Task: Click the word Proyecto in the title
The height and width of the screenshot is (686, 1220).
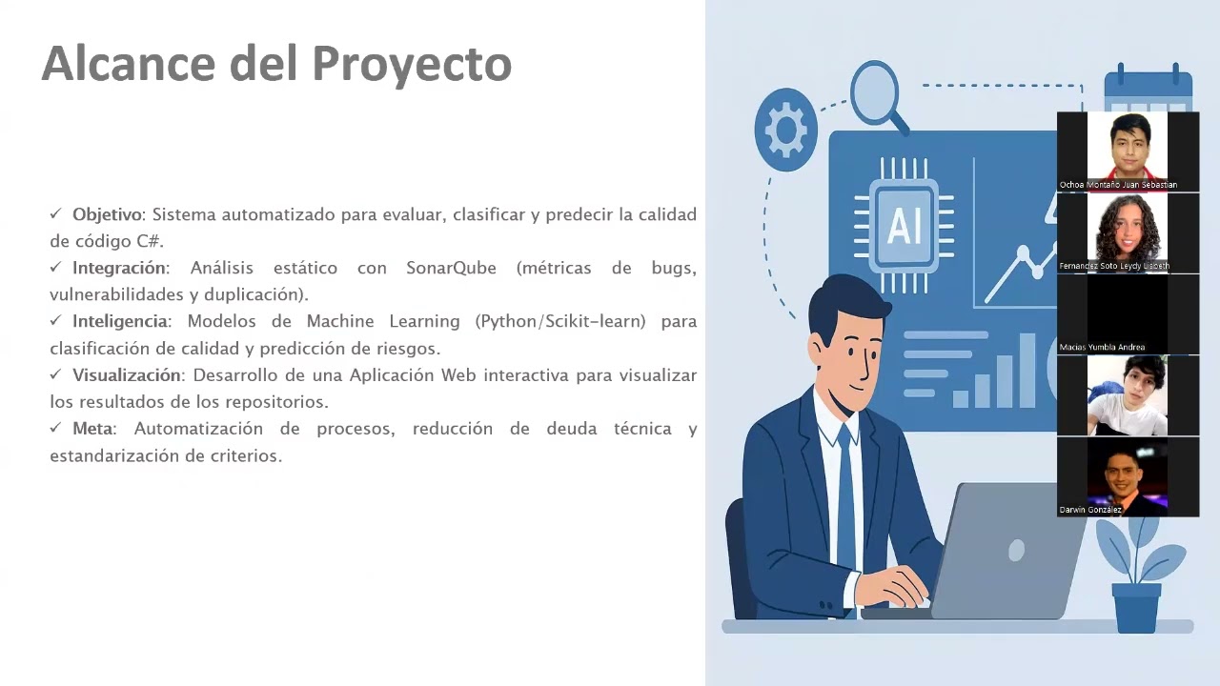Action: coord(412,65)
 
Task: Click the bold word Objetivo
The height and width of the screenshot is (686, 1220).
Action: coord(107,214)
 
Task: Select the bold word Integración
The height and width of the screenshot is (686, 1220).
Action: coord(119,268)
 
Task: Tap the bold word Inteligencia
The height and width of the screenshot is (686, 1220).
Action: coord(120,321)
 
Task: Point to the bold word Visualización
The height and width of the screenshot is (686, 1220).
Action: coord(126,375)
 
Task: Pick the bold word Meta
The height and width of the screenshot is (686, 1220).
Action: coord(92,429)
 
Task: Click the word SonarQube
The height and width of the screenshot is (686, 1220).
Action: coord(451,268)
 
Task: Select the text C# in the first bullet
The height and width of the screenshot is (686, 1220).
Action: coord(148,241)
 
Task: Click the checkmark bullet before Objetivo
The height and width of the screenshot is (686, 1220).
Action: coord(56,214)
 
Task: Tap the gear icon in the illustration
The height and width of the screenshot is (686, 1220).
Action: coord(785,131)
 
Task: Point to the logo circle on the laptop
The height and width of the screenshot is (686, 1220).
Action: coord(1015,551)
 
